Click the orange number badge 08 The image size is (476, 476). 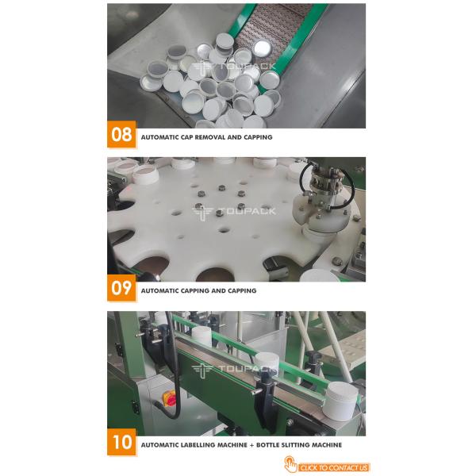point(121,134)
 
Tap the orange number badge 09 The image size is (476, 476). point(121,288)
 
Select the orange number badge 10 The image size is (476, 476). point(121,442)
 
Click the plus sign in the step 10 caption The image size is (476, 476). point(251,445)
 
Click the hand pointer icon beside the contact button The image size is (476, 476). point(290,464)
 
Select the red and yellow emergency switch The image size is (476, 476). point(170,399)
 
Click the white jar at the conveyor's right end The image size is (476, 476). point(340,401)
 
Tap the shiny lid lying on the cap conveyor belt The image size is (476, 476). point(262,48)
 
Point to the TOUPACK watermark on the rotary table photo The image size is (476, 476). point(234,212)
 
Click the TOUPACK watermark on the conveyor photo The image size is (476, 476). point(234,370)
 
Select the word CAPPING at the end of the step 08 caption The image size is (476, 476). point(258,137)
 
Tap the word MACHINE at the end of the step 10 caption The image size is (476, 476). point(328,445)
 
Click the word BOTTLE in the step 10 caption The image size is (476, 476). point(267,445)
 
